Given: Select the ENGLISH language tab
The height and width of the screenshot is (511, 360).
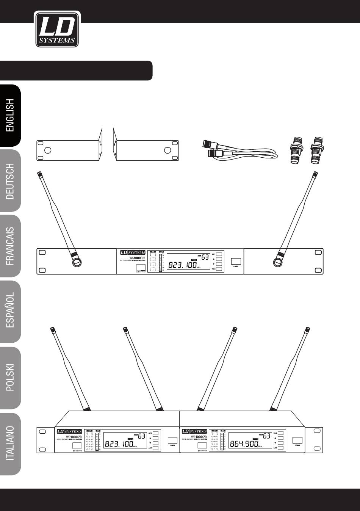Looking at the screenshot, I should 10,115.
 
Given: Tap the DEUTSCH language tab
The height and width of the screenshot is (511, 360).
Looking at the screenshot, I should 10,181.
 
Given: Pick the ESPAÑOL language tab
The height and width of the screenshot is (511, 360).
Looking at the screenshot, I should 10,312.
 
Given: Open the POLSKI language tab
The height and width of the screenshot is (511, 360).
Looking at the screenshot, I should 10,378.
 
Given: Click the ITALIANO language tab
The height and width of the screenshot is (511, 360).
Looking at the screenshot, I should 10,444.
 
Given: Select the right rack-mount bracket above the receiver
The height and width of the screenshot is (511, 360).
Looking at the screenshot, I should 146,147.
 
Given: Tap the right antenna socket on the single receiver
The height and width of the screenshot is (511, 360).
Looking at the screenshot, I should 279,262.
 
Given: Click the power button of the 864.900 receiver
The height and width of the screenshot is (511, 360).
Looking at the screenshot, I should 297,440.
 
